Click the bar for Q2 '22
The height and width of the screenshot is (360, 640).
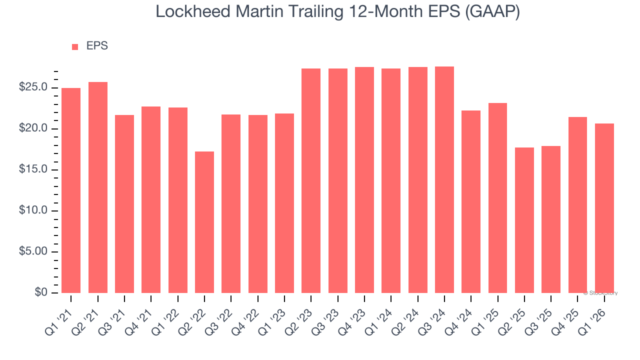tap(204, 222)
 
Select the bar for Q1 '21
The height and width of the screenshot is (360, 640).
tap(71, 190)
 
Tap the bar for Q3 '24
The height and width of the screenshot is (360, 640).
tap(444, 179)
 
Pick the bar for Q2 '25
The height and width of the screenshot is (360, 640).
tap(524, 220)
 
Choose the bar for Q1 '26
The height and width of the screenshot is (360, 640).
tap(604, 208)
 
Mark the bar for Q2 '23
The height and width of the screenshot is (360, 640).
tap(311, 180)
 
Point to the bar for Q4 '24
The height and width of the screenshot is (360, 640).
tap(471, 201)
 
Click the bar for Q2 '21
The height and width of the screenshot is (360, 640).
tap(98, 187)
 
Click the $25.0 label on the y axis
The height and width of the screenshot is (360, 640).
tap(33, 87)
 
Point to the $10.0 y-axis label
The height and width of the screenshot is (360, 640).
tap(33, 210)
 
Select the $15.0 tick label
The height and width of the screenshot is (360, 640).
tap(33, 169)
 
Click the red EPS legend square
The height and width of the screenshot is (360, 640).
tap(75, 46)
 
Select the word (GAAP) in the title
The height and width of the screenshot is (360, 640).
tap(492, 11)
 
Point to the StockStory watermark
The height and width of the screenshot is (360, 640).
tap(601, 293)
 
